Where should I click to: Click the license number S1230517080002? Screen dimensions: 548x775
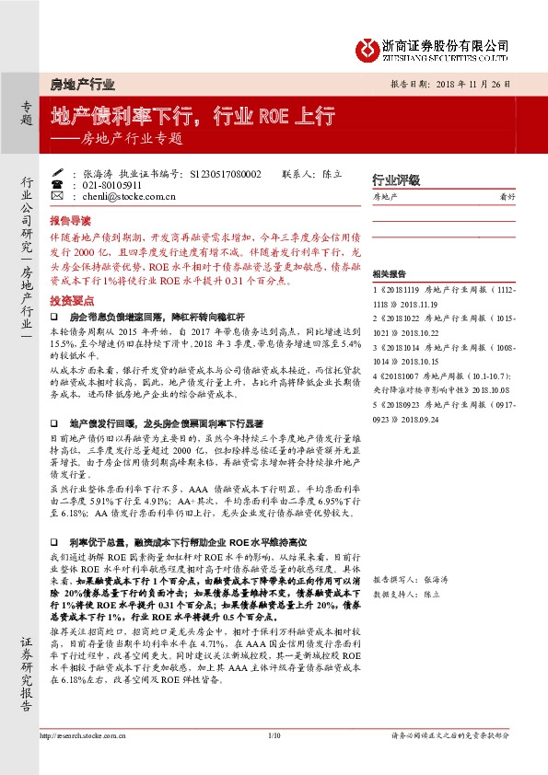(225, 173)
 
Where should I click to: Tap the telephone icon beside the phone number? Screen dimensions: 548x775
(56, 184)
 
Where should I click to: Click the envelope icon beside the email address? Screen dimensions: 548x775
(56, 196)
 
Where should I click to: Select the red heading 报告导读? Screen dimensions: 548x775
(70, 222)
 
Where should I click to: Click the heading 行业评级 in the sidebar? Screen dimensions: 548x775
(390, 179)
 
